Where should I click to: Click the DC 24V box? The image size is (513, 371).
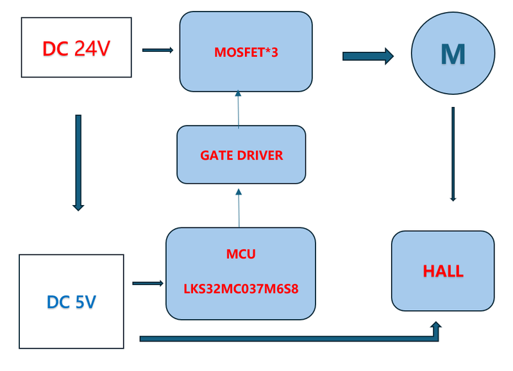(76, 47)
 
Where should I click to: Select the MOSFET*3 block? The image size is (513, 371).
(246, 51)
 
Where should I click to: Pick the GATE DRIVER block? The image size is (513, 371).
(241, 154)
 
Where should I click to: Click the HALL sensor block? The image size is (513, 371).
(442, 271)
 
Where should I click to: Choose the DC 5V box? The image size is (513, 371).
(71, 301)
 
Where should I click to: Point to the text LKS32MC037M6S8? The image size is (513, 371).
(241, 289)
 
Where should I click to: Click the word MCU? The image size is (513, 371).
(241, 254)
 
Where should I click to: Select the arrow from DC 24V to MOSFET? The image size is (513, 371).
(158, 50)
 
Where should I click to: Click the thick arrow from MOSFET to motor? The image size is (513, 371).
(367, 56)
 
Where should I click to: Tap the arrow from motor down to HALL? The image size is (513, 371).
(453, 154)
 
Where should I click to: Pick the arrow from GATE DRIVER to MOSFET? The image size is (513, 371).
(239, 109)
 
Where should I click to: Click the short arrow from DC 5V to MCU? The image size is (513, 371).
(147, 283)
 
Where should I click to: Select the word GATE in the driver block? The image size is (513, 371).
(216, 155)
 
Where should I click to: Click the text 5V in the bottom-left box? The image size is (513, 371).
(83, 302)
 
